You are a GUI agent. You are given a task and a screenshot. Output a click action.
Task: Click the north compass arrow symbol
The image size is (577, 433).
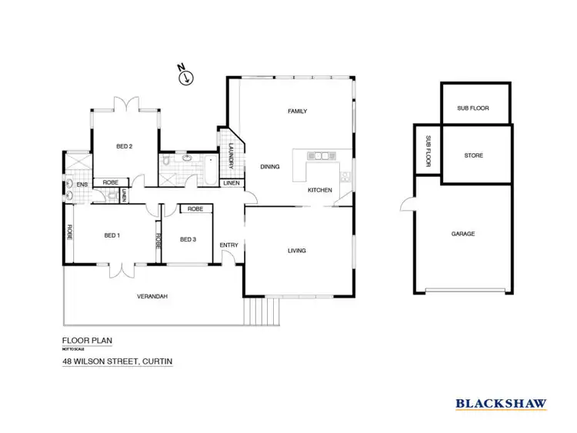click(x=185, y=75)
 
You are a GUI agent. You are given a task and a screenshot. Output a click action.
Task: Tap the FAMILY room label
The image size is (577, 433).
click(x=297, y=112)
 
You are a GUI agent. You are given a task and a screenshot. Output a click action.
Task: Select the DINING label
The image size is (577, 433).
click(x=269, y=166)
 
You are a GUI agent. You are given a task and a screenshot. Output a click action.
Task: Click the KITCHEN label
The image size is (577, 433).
click(x=319, y=190)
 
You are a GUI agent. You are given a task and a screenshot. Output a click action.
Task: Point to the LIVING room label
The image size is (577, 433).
click(x=297, y=251)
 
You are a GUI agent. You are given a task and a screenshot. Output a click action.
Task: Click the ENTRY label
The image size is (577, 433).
click(x=229, y=245)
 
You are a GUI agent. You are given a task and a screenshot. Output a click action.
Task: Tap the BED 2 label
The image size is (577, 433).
click(x=125, y=146)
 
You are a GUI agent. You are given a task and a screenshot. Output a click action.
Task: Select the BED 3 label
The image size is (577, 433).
click(x=188, y=239)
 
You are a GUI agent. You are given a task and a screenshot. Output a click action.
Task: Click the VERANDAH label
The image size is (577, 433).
click(x=152, y=297)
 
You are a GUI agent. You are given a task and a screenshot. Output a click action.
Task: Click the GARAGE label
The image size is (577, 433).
click(x=463, y=234)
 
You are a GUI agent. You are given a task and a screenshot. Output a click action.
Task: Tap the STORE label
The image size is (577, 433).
click(x=474, y=156)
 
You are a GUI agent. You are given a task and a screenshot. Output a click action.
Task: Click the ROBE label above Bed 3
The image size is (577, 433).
click(x=195, y=208)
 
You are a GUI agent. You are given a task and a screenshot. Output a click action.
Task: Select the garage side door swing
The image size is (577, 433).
click(x=406, y=204)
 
